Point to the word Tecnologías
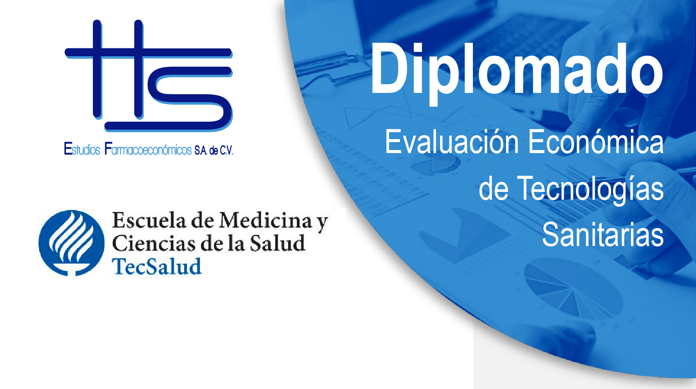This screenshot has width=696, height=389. pos(590,189)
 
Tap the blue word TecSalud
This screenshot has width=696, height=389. pos(157,267)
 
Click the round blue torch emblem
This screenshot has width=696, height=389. pos(72,243)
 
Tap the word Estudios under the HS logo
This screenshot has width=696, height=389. pos(82,149)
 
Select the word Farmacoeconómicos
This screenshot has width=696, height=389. pos(148,149)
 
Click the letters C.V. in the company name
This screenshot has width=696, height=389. pos(227,151)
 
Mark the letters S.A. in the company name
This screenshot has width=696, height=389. pos(201,151)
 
